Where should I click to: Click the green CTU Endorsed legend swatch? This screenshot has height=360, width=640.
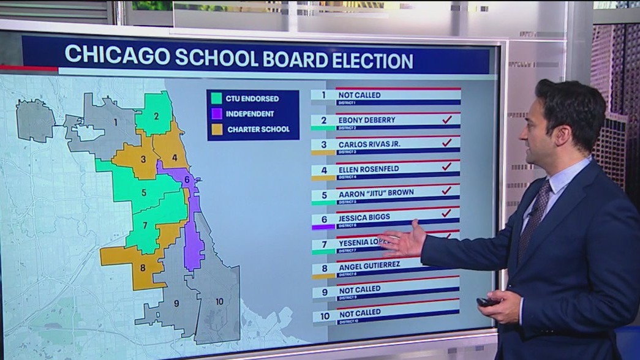tap(216, 98)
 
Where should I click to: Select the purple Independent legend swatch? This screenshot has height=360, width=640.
tap(216, 114)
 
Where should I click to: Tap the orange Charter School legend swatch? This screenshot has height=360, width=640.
tap(216, 129)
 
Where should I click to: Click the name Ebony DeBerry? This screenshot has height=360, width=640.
tap(367, 120)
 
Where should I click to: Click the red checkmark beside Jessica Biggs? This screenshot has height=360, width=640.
tap(446, 213)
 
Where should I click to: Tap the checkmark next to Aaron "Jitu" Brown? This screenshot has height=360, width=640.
tap(446, 190)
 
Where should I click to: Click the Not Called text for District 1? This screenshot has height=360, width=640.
tap(360, 96)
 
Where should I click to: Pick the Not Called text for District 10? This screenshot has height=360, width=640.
tap(360, 313)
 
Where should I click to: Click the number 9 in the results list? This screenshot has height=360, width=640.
tap(324, 292)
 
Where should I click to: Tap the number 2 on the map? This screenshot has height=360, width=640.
tap(156, 116)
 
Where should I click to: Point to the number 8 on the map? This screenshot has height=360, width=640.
tap(143, 267)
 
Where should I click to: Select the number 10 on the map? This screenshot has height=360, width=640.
tap(219, 301)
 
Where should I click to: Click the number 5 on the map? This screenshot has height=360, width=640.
tap(143, 192)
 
